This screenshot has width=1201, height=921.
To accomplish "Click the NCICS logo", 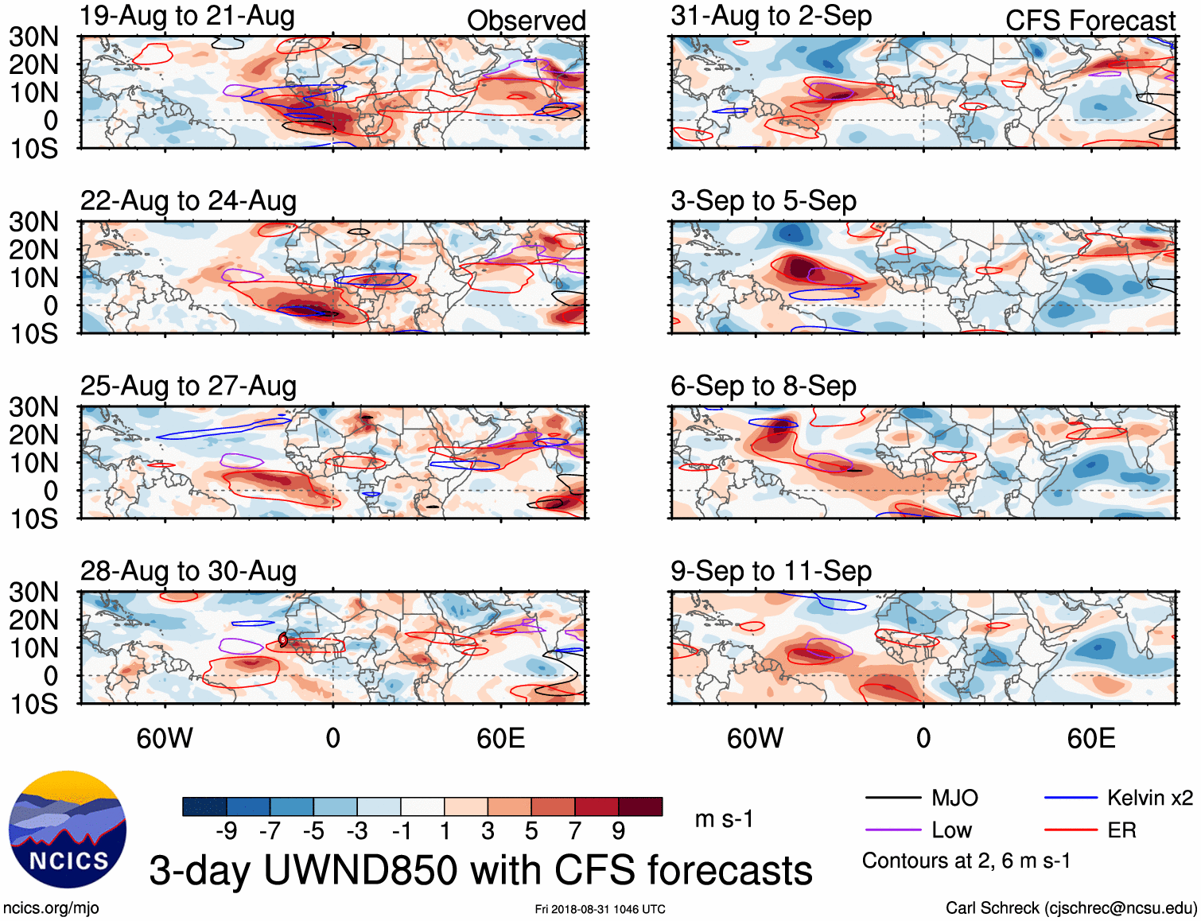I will pyautogui.click(x=68, y=830).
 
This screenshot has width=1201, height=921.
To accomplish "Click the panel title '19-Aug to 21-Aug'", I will pyautogui.click(x=187, y=16).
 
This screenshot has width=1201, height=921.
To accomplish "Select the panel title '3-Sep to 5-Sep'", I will pyautogui.click(x=763, y=201).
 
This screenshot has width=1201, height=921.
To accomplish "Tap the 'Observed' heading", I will pyautogui.click(x=526, y=21).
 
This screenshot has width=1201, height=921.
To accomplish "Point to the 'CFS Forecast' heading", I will pyautogui.click(x=1090, y=21).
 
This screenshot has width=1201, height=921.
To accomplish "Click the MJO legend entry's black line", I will pyautogui.click(x=892, y=798).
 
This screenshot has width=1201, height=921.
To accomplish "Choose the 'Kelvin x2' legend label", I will pyautogui.click(x=1149, y=798).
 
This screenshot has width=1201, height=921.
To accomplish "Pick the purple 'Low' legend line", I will pyautogui.click(x=892, y=830).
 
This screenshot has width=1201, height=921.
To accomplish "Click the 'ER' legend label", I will pyautogui.click(x=1121, y=830).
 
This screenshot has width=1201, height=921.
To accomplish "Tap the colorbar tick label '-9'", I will pyautogui.click(x=227, y=831).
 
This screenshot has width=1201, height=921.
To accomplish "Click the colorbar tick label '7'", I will pyautogui.click(x=575, y=831).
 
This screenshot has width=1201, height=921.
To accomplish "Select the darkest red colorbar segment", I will pyautogui.click(x=640, y=806).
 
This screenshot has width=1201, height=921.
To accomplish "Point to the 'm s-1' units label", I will pyautogui.click(x=724, y=819).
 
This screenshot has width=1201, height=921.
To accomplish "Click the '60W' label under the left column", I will pyautogui.click(x=165, y=738).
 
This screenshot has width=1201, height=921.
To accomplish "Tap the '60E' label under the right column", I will pyautogui.click(x=1090, y=738).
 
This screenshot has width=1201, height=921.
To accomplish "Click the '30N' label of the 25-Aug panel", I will pyautogui.click(x=33, y=407).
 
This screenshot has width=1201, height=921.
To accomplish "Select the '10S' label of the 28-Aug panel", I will pyautogui.click(x=33, y=704).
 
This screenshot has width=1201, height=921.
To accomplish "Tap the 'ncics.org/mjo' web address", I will pyautogui.click(x=51, y=908).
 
